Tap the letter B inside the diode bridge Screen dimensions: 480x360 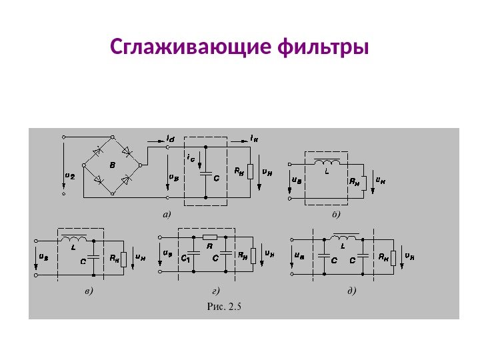click(x=112, y=163)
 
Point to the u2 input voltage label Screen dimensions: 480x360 click(x=69, y=175)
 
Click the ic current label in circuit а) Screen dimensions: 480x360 click(x=191, y=158)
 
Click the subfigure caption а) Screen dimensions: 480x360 click(x=167, y=215)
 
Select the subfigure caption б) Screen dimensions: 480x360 click(x=335, y=215)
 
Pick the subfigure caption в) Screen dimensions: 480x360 click(x=89, y=291)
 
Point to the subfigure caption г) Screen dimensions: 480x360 click(x=215, y=291)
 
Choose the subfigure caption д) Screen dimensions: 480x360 click(x=351, y=291)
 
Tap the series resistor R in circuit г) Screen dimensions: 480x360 click(x=209, y=237)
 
